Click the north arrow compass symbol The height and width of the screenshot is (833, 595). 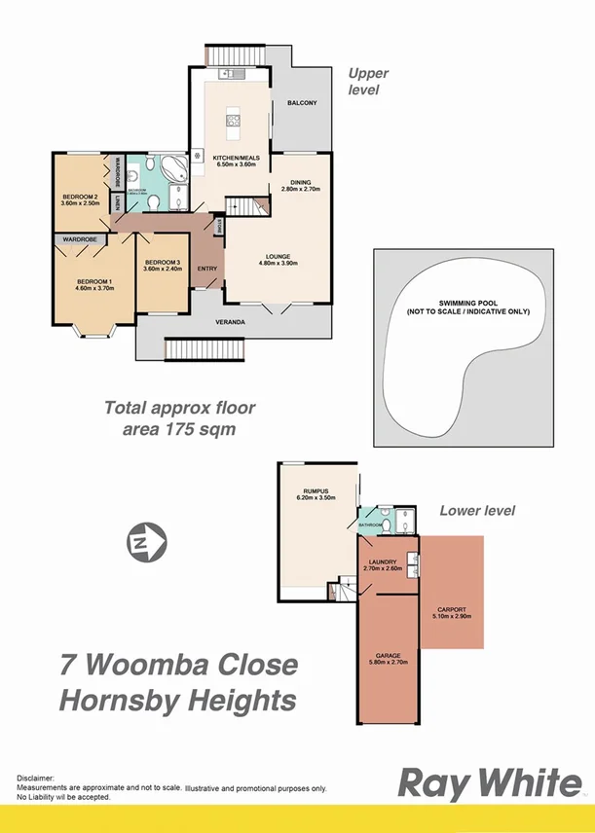click(146, 540)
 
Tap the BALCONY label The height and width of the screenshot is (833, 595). click(302, 103)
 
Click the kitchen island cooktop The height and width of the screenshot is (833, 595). click(233, 121)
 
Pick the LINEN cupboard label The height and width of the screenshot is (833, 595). click(116, 201)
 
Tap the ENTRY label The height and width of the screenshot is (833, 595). click(206, 269)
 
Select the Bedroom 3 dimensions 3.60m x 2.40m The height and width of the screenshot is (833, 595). click(163, 270)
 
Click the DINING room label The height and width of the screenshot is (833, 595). click(300, 182)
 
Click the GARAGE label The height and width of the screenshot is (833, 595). click(388, 655)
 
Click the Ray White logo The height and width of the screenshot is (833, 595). click(489, 784)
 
